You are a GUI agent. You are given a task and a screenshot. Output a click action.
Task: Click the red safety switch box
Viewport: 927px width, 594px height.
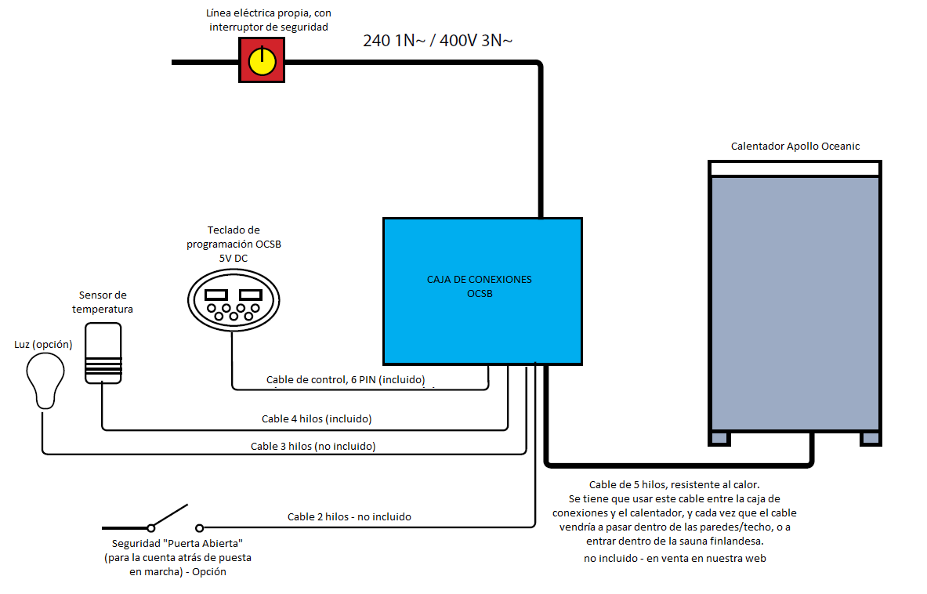pyautogui.click(x=262, y=60)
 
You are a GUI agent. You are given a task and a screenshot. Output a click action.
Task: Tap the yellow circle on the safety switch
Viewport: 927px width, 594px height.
pyautogui.click(x=262, y=61)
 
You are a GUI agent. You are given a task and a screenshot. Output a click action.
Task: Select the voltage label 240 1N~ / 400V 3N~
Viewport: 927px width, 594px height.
pyautogui.click(x=437, y=41)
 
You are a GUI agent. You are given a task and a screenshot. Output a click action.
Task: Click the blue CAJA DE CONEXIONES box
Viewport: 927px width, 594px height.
pyautogui.click(x=483, y=292)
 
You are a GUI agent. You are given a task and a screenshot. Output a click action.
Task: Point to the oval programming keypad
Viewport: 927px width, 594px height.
pyautogui.click(x=234, y=300)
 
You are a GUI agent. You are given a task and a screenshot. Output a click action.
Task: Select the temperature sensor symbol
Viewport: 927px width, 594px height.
pyautogui.click(x=103, y=353)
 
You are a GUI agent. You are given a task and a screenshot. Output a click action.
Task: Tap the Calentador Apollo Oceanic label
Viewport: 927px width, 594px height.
pyautogui.click(x=795, y=146)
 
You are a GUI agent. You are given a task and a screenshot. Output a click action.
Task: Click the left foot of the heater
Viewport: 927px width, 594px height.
pyautogui.click(x=719, y=439)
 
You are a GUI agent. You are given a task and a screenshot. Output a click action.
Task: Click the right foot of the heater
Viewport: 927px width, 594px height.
pyautogui.click(x=871, y=439)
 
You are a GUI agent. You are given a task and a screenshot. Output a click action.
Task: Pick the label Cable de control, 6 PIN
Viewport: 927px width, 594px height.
pyautogui.click(x=346, y=379)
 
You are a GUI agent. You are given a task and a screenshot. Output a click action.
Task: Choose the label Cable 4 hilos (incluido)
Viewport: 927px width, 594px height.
pyautogui.click(x=317, y=419)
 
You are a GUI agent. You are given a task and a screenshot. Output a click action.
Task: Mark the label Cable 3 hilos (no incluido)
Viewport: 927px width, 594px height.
pyautogui.click(x=313, y=446)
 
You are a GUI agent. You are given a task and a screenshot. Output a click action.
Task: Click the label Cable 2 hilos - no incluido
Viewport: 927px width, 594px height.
pyautogui.click(x=349, y=516)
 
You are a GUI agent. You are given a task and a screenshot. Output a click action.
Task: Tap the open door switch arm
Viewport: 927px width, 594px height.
pyautogui.click(x=169, y=516)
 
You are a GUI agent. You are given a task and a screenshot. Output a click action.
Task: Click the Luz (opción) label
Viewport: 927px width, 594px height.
pyautogui.click(x=43, y=345)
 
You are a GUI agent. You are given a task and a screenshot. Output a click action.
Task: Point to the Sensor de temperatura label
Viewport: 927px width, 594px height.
pyautogui.click(x=103, y=302)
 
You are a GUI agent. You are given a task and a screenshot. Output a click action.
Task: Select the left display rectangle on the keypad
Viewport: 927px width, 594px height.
pyautogui.click(x=216, y=295)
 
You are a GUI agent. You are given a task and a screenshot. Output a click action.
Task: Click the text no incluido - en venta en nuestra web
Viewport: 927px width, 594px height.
pyautogui.click(x=675, y=559)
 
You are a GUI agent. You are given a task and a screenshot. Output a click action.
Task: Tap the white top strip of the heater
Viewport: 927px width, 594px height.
pyautogui.click(x=795, y=169)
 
